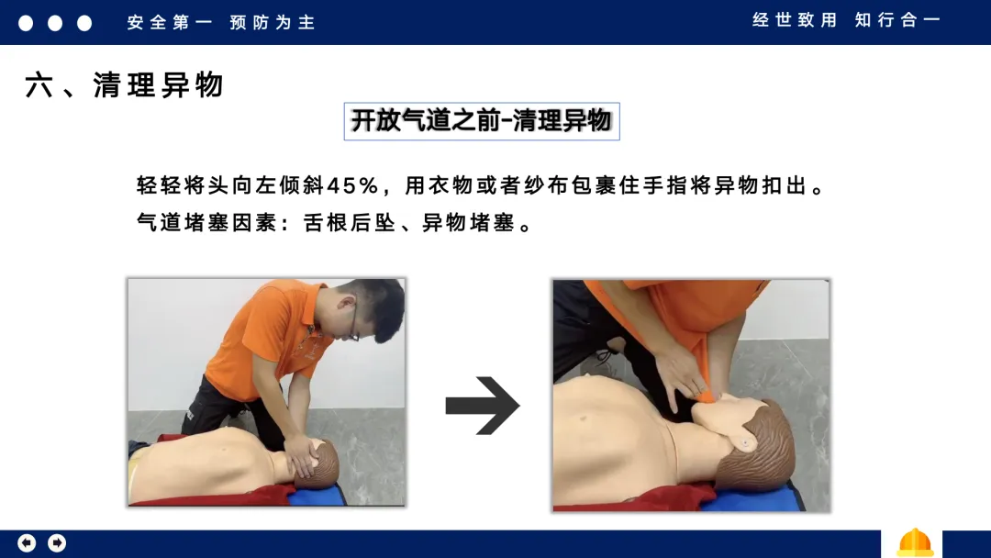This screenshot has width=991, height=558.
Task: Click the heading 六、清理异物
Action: [125, 84]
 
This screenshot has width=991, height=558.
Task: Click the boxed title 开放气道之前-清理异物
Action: [482, 121]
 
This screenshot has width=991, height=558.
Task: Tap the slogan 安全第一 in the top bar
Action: [170, 23]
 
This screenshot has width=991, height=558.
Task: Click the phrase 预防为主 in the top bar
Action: [273, 23]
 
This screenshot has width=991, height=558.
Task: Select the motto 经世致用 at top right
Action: [795, 20]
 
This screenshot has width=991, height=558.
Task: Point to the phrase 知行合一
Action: [897, 20]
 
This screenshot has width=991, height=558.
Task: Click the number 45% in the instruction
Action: [352, 185]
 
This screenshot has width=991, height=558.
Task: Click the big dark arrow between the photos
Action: [483, 406]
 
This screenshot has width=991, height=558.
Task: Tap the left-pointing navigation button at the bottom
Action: [27, 542]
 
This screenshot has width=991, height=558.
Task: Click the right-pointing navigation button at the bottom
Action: [57, 542]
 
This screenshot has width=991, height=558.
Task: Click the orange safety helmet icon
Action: [915, 543]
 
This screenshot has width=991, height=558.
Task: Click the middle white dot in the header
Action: [55, 23]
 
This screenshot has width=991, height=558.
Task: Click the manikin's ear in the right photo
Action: [744, 442]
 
